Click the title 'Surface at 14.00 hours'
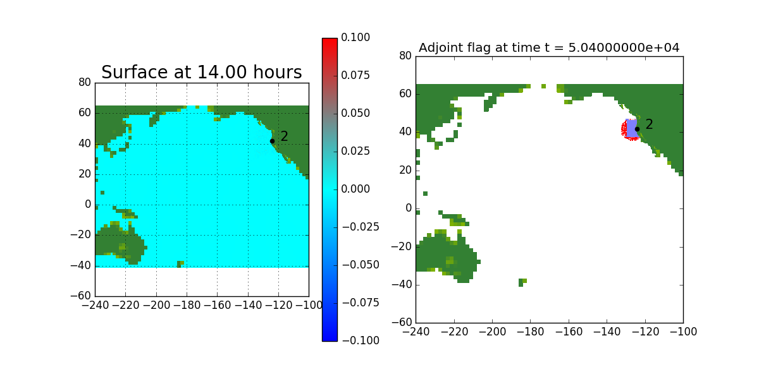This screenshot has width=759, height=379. (201, 73)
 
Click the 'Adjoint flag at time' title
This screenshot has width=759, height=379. (549, 48)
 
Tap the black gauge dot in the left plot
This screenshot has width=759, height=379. (272, 141)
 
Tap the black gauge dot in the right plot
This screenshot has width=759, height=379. (637, 129)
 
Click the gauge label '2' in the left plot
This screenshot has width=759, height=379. (285, 136)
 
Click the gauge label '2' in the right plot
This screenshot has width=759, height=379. (649, 124)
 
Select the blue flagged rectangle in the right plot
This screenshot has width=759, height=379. (631, 128)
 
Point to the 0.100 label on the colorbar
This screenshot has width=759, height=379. (356, 38)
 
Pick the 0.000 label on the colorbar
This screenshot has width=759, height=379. (356, 189)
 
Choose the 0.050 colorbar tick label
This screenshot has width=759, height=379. (356, 113)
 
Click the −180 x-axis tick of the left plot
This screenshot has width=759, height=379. (187, 304)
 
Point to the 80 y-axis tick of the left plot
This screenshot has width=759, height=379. (85, 83)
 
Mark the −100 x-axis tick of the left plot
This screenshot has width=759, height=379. (309, 304)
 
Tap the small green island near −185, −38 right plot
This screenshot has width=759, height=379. (522, 282)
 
